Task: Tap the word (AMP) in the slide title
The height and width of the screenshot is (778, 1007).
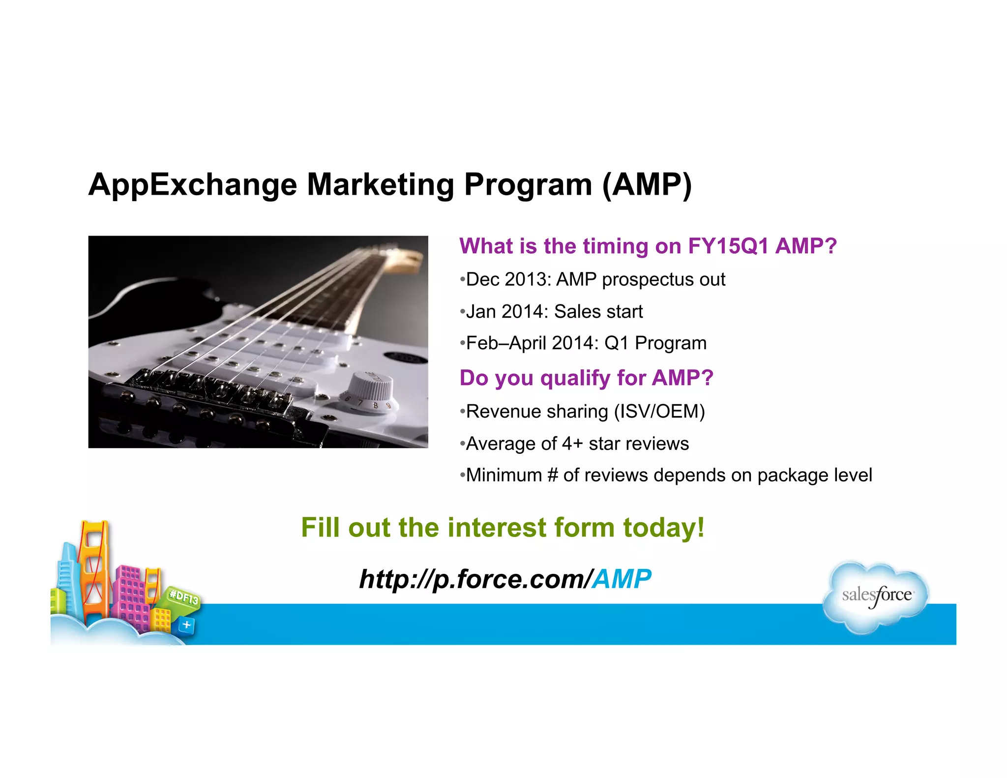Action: [647, 185]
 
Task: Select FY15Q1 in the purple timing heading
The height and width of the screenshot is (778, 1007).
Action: [728, 246]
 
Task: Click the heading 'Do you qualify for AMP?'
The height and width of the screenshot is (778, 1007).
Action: [586, 378]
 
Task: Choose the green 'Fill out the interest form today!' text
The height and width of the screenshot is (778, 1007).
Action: [503, 527]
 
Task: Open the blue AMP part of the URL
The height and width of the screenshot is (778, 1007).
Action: [622, 579]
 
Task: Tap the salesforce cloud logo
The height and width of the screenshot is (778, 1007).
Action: [876, 596]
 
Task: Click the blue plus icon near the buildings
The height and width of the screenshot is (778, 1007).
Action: [186, 625]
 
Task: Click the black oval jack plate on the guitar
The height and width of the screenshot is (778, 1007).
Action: [406, 358]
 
